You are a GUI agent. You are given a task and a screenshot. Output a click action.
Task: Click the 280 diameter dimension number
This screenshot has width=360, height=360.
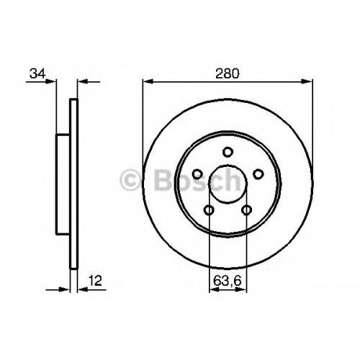click(228, 73)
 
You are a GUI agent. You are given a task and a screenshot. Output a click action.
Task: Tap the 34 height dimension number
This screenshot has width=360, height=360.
click(37, 73)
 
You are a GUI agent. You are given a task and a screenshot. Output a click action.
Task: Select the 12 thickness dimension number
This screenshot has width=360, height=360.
click(95, 281)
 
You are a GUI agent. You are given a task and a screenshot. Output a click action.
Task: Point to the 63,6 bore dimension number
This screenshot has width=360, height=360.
click(227, 281)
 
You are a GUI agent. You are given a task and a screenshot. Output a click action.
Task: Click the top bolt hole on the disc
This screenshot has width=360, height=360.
click(228, 152)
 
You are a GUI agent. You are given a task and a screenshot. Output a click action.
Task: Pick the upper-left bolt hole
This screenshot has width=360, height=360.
click(197, 174)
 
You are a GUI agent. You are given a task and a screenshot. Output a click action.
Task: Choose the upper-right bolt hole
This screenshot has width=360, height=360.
click(258, 174)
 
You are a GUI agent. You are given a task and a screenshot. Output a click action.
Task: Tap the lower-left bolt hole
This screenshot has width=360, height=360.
click(209, 210)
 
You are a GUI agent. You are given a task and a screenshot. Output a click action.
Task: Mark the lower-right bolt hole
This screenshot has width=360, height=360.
click(246, 210)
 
